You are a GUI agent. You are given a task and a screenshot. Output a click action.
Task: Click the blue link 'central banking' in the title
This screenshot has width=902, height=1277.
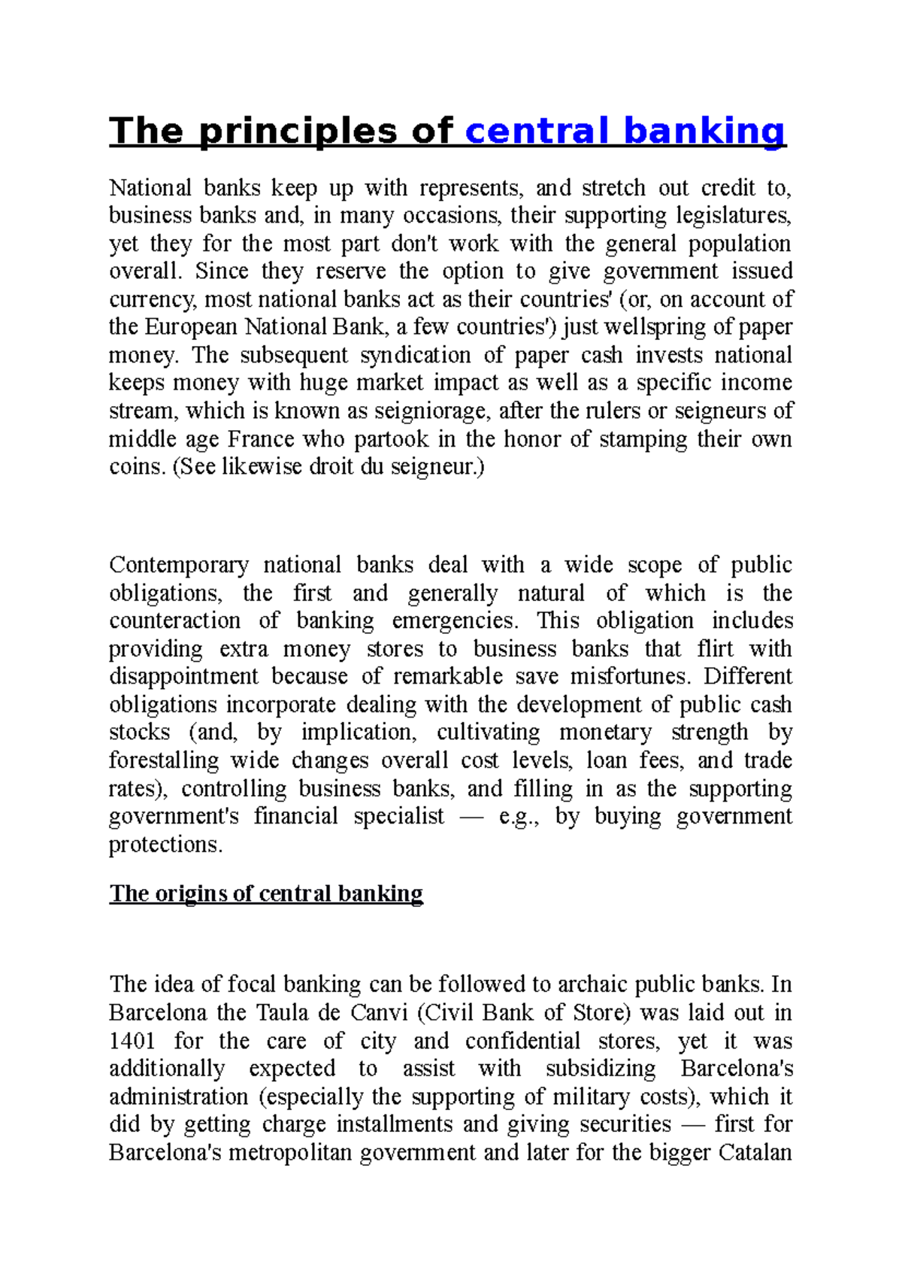625,131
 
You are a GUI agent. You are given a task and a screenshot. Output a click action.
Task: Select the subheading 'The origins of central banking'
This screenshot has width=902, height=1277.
266,893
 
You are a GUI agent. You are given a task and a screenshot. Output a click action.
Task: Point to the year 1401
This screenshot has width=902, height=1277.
132,1041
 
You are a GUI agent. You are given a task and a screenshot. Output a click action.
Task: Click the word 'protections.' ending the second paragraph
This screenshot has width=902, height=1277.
166,845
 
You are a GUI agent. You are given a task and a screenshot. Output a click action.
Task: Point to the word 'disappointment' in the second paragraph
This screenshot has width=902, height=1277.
183,676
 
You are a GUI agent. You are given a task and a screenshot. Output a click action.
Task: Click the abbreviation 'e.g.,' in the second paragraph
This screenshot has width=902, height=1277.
519,817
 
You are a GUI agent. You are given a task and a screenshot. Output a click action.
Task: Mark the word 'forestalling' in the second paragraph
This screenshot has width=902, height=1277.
164,760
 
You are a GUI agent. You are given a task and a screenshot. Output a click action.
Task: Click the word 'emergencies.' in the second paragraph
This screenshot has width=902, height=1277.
455,620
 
